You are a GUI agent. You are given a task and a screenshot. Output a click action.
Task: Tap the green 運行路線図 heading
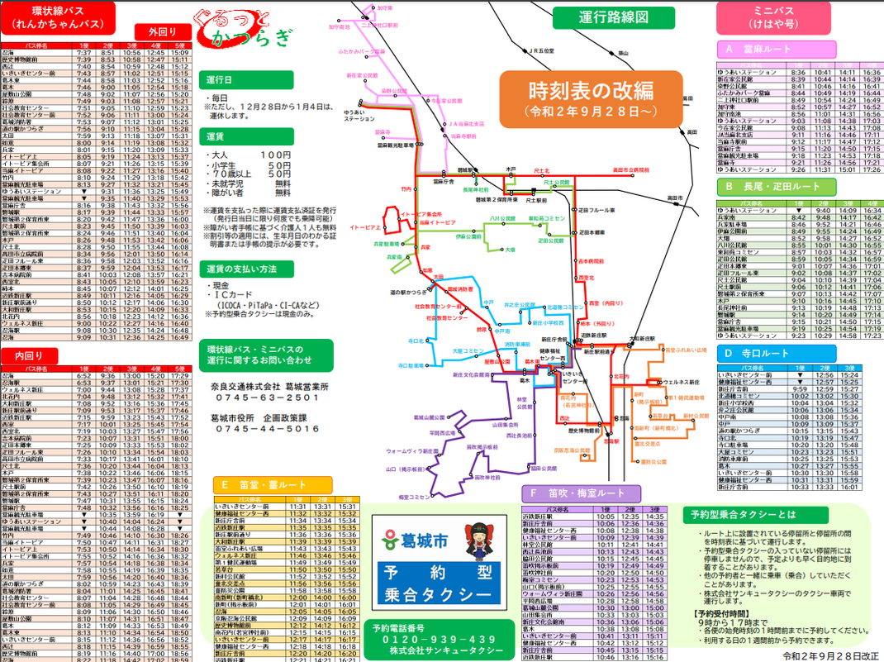[x=614, y=17]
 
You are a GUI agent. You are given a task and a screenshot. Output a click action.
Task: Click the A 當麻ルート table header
[x=778, y=49]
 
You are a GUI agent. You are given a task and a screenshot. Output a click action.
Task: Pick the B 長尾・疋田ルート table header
[x=778, y=187]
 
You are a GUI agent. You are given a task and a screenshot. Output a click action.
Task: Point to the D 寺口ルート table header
[x=778, y=353]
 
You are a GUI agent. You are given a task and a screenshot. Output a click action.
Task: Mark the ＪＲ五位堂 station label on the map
[x=541, y=50]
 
